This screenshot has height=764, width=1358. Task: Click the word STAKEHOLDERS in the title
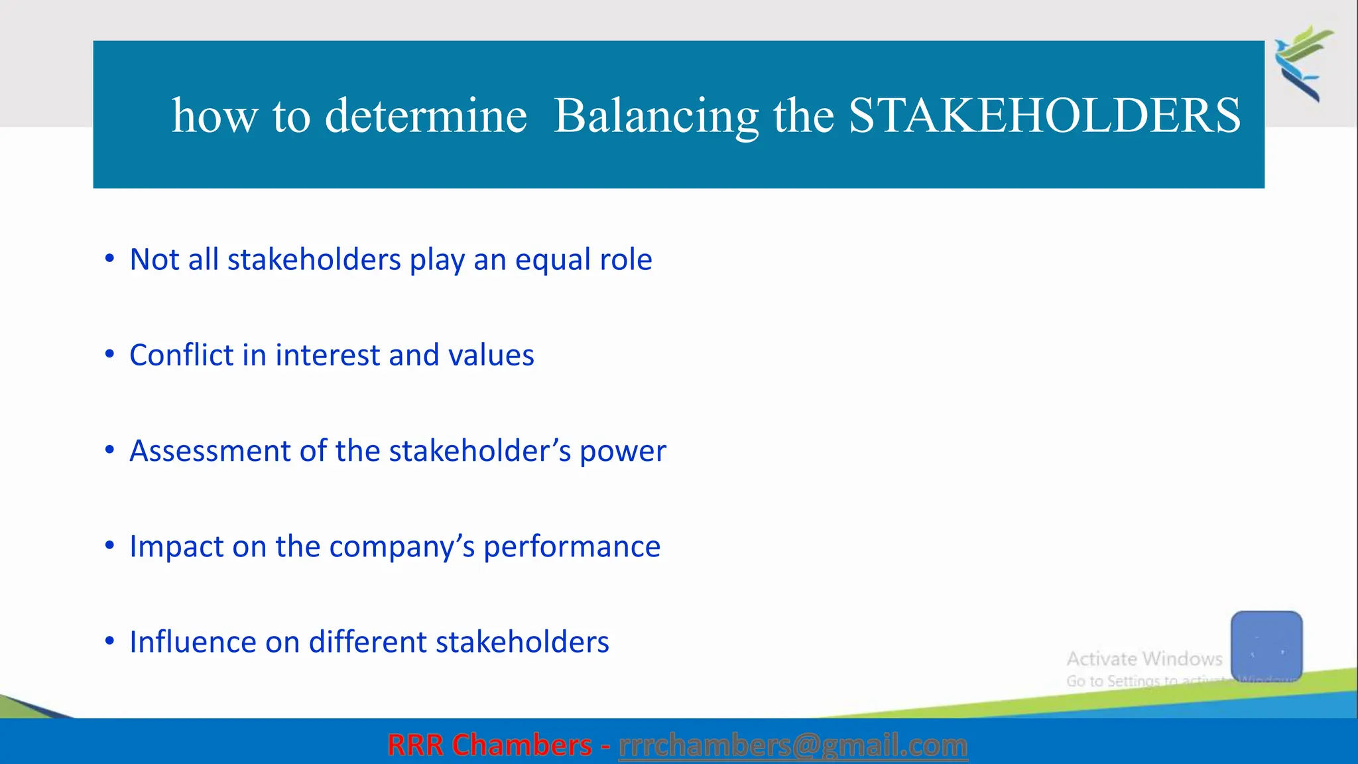1044,116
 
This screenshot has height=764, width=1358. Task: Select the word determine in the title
426,116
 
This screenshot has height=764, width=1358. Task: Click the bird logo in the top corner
1304,63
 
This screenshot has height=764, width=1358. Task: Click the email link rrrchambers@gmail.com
792,745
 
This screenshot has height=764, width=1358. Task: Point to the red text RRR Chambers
489,745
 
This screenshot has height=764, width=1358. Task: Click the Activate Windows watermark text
1144,659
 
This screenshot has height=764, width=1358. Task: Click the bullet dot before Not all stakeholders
110,259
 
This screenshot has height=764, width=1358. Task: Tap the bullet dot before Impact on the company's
110,546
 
